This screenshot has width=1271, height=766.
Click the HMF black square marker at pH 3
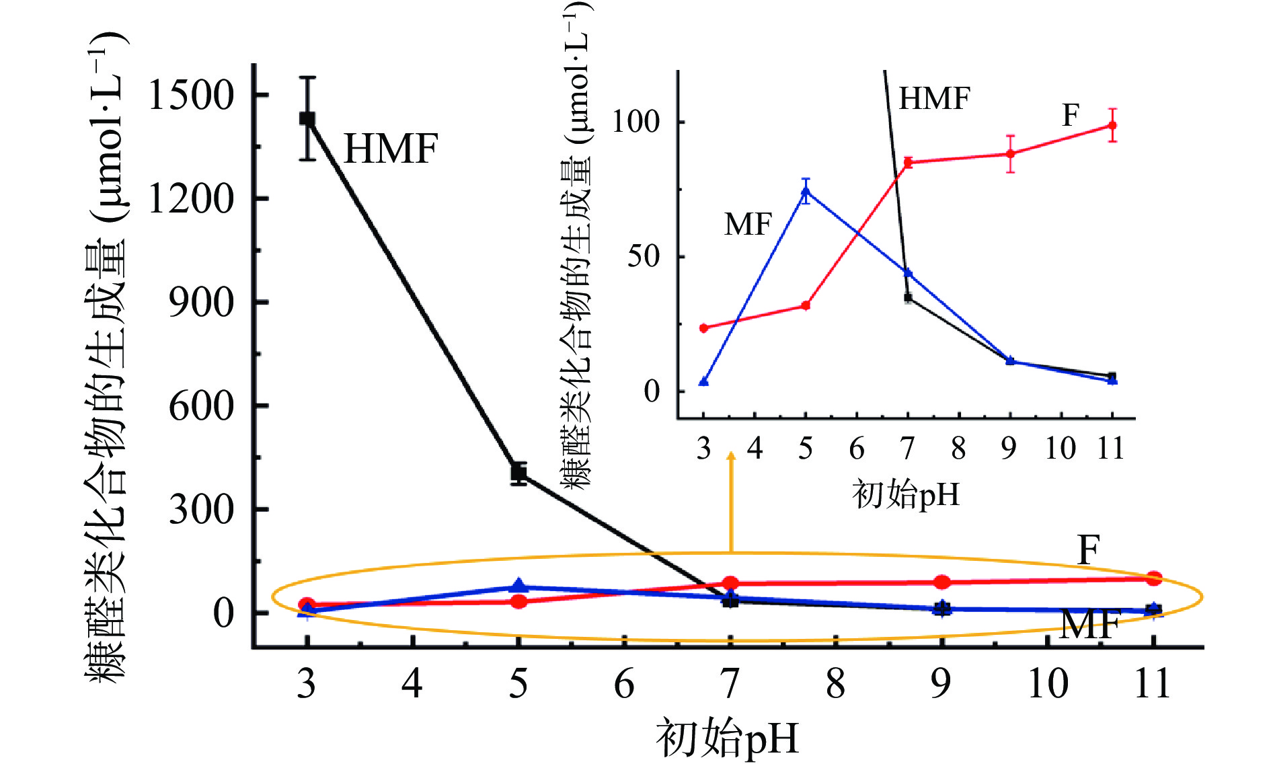(307, 119)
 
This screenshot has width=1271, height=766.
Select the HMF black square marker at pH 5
(518, 473)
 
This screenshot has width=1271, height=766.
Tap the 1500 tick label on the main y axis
(191, 95)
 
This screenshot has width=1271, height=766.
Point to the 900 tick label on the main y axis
(201, 303)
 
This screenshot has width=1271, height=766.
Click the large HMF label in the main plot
(391, 149)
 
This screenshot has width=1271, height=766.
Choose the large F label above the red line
(1089, 550)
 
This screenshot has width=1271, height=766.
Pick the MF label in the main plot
(1090, 625)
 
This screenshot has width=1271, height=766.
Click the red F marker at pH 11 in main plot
(1154, 578)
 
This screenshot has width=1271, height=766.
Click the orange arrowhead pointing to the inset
(731, 457)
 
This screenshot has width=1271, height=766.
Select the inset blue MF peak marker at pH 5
(806, 191)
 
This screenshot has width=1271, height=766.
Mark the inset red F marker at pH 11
(1112, 125)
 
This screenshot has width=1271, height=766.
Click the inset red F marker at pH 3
(704, 328)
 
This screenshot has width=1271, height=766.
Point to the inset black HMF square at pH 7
(908, 298)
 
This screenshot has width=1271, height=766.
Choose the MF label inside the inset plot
(748, 224)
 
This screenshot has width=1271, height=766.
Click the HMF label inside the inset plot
(935, 99)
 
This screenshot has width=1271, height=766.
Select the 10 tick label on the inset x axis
(1060, 449)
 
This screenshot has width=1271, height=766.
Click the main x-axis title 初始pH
(728, 738)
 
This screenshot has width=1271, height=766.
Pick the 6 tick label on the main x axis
(624, 684)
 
